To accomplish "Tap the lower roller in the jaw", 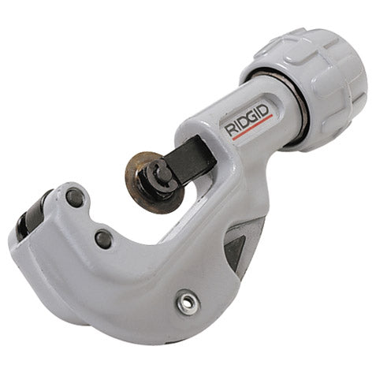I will pyautogui.click(x=102, y=239).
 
